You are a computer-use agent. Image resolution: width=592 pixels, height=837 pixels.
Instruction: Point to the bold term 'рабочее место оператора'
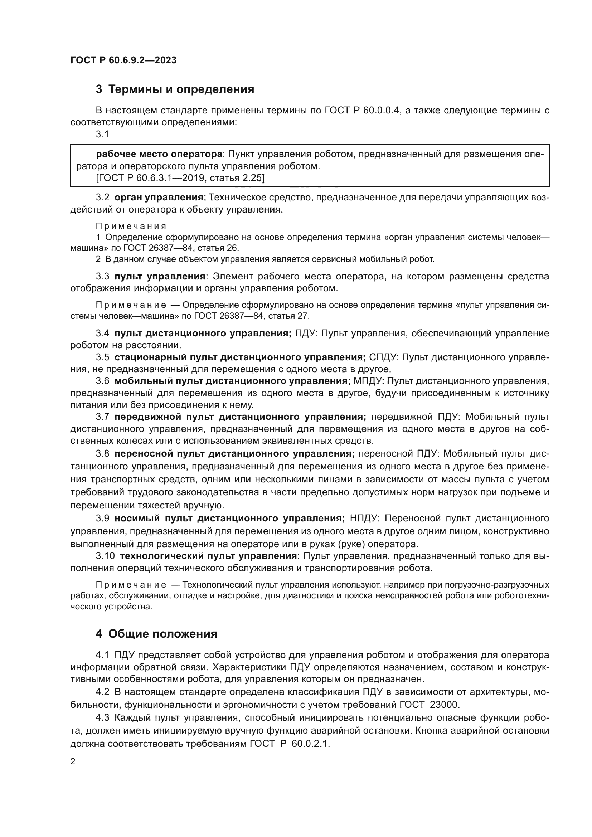[x=159, y=154]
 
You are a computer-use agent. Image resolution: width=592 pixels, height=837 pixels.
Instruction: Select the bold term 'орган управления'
[x=159, y=198]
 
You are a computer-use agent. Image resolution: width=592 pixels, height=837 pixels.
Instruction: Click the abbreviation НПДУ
[x=364, y=519]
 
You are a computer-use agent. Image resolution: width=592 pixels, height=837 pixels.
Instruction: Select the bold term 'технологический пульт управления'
[x=208, y=556]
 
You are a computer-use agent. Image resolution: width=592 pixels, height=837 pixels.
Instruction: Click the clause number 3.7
[x=102, y=417]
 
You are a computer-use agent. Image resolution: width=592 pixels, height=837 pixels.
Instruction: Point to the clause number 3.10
[x=105, y=556]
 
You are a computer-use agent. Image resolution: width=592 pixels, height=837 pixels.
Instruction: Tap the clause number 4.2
[x=102, y=692]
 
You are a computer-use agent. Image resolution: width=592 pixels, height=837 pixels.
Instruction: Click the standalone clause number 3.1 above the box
[x=102, y=135]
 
